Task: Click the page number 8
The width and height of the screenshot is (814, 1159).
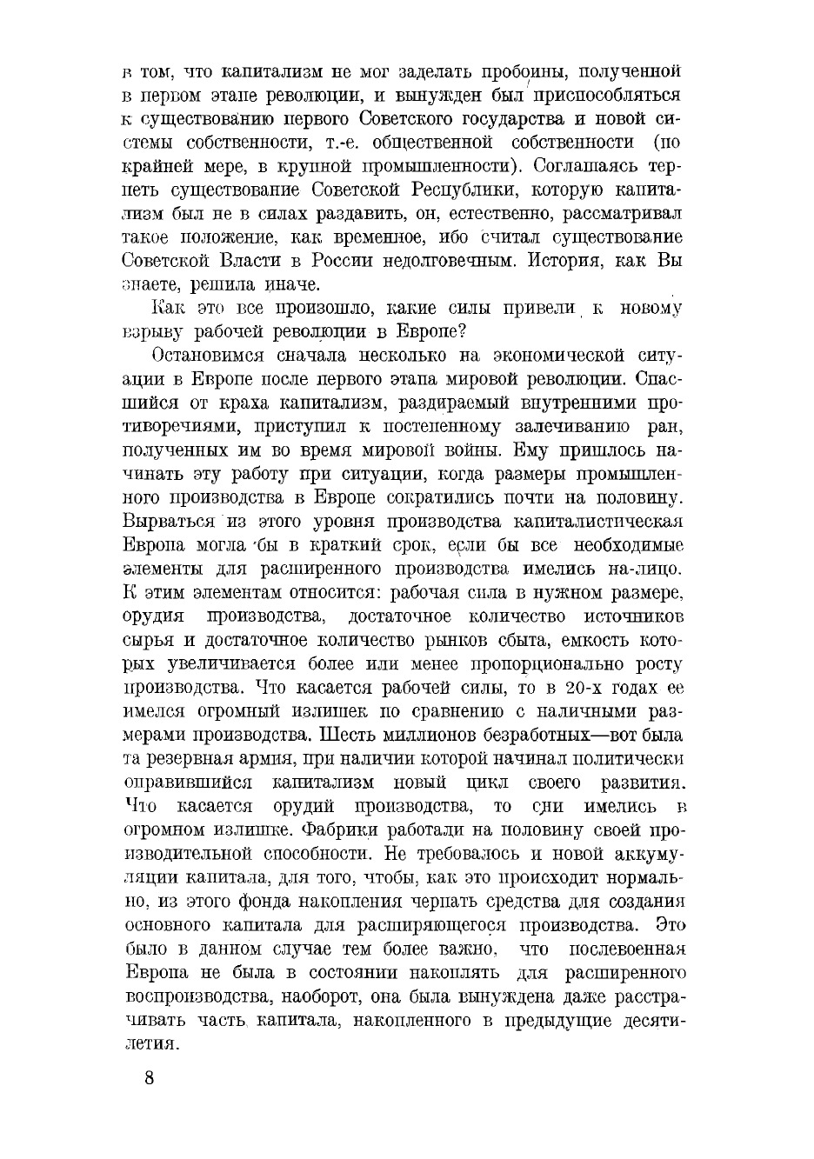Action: click(150, 1078)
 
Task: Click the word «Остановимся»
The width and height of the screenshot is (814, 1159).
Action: click(206, 355)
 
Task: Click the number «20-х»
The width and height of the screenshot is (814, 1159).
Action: click(583, 687)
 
